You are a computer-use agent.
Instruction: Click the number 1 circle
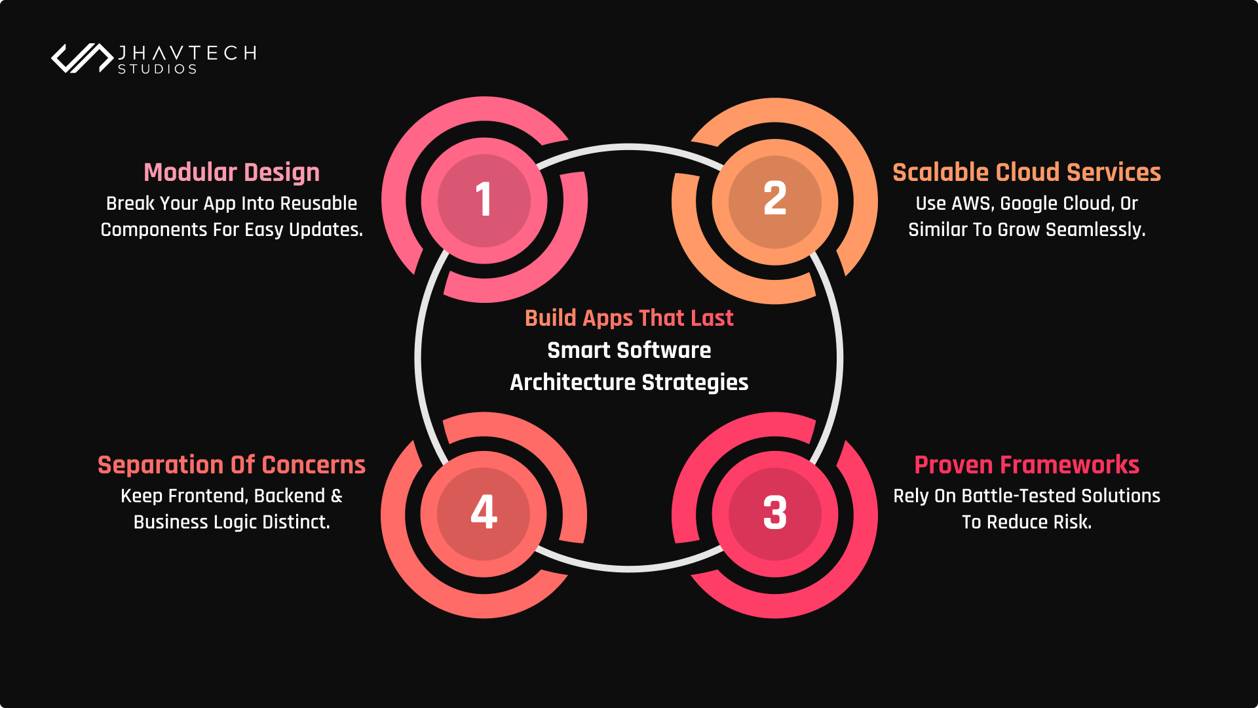click(x=484, y=201)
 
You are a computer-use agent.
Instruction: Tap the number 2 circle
click(x=775, y=201)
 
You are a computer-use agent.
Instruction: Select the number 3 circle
click(x=775, y=514)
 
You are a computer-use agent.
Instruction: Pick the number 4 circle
click(x=484, y=514)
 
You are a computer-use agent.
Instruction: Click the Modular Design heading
click(x=232, y=172)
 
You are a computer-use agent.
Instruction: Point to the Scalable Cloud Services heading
click(x=1027, y=172)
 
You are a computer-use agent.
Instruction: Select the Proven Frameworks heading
click(x=1027, y=465)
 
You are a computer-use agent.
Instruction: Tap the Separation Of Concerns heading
click(x=232, y=465)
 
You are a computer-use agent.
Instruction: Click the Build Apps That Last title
click(x=629, y=319)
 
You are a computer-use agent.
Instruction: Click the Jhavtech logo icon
click(x=83, y=58)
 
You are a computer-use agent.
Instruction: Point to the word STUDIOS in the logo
click(x=157, y=69)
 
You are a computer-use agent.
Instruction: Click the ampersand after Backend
click(x=337, y=496)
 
